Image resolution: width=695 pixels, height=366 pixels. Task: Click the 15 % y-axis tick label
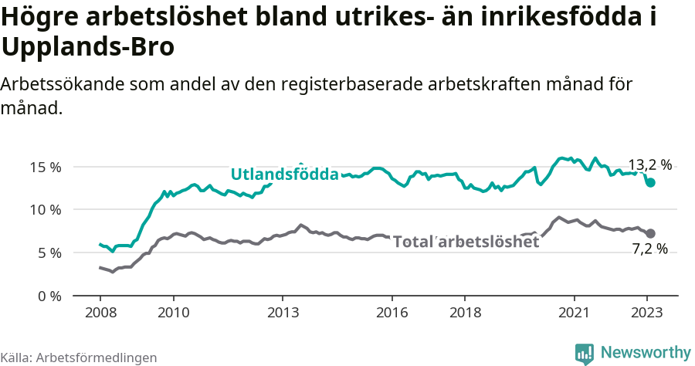point(46,167)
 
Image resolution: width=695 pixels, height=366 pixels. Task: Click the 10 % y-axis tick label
point(46,209)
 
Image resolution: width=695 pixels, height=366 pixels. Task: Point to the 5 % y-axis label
point(49,252)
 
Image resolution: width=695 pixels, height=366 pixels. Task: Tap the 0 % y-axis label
point(49,296)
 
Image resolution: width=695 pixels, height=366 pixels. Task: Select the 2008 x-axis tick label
point(100,314)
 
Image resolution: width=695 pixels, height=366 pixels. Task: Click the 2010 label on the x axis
point(174,314)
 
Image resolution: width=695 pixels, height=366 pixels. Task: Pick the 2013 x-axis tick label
point(283,314)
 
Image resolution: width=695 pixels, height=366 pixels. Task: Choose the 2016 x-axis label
point(392,314)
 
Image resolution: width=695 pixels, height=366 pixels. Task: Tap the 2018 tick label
point(465,314)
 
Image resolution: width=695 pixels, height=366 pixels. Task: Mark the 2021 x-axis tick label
point(575,314)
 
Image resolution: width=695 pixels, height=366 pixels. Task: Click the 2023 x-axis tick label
point(647,314)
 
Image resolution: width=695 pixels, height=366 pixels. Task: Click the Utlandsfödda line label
point(285,175)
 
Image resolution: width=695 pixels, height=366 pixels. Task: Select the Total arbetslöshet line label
point(466,242)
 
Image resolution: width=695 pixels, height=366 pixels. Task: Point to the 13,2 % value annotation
point(649,164)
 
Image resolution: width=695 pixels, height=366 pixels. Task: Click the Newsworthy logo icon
point(585,353)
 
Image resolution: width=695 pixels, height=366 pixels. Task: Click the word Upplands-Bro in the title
point(89,46)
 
